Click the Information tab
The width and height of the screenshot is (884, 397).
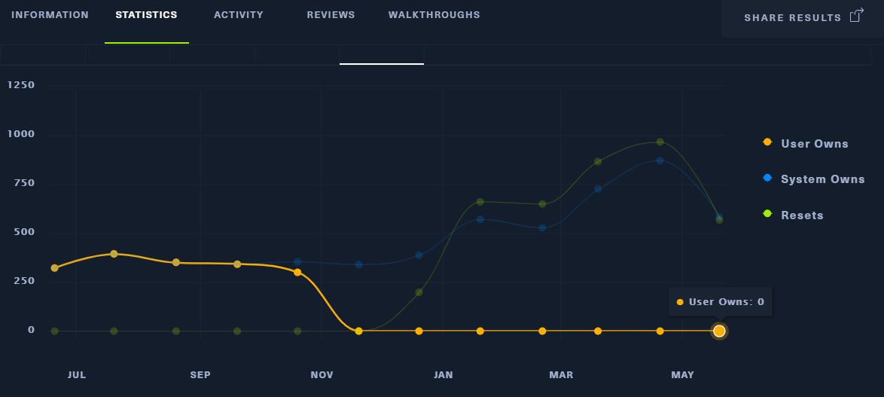point(50,15)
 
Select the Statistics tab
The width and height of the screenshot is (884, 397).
point(146,15)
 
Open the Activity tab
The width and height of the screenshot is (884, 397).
point(239,15)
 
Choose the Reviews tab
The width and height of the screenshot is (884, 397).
point(331,15)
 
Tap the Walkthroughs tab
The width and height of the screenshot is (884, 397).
point(434,15)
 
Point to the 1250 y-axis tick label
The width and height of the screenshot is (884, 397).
point(21,85)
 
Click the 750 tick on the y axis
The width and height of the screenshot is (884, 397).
point(21,183)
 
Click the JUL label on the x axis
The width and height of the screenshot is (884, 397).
point(77,375)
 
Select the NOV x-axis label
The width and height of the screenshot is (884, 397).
point(322,375)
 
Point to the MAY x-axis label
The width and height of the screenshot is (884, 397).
point(683,375)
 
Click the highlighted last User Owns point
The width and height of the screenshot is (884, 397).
point(719,331)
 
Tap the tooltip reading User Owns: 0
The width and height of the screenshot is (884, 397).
point(721,302)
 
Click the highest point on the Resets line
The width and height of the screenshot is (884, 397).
point(660,142)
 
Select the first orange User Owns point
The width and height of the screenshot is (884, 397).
point(54,268)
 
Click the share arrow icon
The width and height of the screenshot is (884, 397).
point(856,16)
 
